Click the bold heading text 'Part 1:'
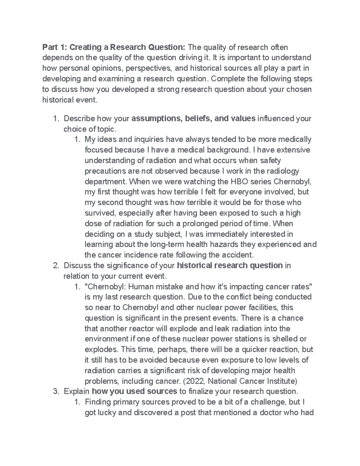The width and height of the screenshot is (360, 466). click(x=55, y=47)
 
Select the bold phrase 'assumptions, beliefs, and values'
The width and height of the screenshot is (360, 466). click(x=193, y=119)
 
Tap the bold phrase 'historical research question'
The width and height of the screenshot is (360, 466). click(x=230, y=266)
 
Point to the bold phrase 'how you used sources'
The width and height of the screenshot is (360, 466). click(x=134, y=392)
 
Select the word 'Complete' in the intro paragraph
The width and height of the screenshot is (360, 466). click(x=225, y=79)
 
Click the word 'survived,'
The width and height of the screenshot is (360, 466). click(x=100, y=213)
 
